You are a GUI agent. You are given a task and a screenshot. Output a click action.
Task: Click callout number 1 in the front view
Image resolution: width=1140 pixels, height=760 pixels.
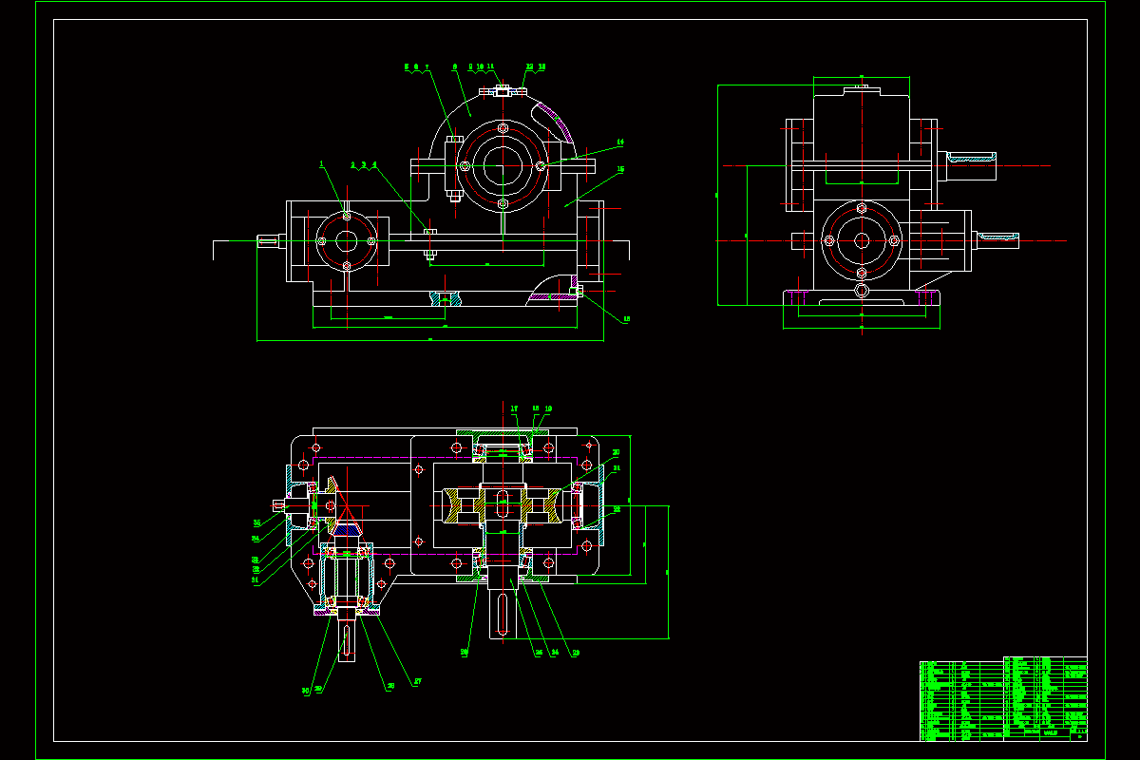321,164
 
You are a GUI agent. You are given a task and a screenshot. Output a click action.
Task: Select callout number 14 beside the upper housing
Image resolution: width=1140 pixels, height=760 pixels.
620,142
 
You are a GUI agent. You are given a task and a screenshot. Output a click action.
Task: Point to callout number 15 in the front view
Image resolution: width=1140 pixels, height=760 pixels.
620,170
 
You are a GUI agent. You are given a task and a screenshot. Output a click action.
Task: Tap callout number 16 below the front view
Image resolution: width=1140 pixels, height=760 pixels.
626,319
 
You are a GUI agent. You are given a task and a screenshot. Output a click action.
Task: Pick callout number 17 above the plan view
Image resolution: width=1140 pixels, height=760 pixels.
514,409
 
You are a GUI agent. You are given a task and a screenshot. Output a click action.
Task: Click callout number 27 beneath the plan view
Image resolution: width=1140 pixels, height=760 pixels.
415,681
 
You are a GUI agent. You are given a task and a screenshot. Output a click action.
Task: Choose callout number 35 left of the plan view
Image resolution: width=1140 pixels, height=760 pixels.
256,522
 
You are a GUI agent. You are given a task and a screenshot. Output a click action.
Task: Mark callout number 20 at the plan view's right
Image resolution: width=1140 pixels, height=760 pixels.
616,452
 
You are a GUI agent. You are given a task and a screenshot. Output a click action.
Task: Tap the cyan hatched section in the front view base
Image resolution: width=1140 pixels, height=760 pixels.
446,298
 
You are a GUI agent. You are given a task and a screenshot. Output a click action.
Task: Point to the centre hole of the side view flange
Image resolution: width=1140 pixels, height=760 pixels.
861,240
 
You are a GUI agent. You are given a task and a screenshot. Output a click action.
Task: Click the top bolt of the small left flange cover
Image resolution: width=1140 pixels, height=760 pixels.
347,217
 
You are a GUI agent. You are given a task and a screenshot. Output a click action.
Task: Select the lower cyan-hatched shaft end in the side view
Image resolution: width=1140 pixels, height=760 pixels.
997,235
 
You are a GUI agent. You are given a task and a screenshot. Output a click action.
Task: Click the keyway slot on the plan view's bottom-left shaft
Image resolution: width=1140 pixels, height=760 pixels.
348,641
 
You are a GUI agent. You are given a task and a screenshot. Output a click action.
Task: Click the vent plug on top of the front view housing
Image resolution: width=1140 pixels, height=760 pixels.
503,90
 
